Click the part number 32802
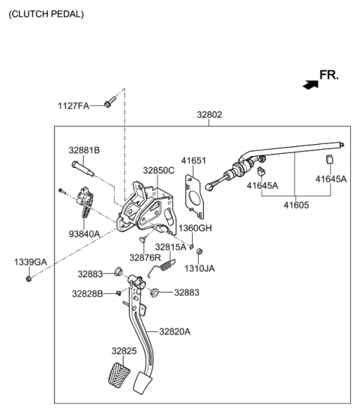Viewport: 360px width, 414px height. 209,115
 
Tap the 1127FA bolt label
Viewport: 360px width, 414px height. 74,106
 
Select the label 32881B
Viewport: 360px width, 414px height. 84,150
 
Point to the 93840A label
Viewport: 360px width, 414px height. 84,234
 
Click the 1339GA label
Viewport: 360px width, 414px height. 30,262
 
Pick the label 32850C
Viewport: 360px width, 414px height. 158,170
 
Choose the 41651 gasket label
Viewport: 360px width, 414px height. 193,160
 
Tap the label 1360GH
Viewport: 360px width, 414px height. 195,228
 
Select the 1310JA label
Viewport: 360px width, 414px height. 199,268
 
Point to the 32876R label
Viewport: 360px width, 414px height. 144,257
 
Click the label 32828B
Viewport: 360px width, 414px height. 87,293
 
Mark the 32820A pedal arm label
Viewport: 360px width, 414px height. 175,331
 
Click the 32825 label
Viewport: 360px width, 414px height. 124,350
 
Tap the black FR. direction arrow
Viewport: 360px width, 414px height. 310,85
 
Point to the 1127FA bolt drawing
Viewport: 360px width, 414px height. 110,100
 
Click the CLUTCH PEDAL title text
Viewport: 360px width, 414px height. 46,14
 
